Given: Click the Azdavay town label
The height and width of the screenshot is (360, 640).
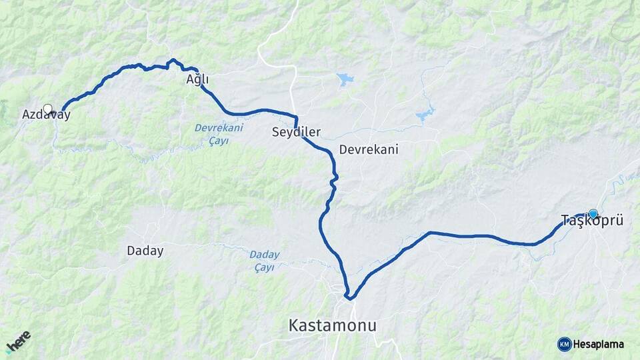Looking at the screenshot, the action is click(46, 115).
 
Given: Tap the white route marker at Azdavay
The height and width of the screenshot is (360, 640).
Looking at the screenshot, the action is click(47, 108).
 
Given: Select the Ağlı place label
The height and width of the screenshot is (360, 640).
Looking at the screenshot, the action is click(197, 79).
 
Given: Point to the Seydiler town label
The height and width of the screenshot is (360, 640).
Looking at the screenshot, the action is click(296, 132).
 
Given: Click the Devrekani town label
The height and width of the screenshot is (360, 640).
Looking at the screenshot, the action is click(368, 149).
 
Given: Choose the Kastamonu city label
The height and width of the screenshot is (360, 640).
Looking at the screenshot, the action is click(332, 325).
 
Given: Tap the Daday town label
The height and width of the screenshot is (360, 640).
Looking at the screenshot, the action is click(145, 251).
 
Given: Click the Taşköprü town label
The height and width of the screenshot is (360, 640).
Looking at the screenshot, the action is click(592, 221).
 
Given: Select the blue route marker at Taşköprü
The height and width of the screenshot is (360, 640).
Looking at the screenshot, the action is click(593, 213).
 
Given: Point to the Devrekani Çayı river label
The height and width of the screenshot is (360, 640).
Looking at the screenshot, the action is click(219, 133).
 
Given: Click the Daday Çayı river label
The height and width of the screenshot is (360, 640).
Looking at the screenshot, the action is click(265, 261).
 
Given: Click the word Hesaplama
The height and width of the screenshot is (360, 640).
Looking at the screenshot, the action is click(599, 344).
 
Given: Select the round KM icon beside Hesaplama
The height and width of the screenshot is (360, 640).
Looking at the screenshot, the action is click(564, 344).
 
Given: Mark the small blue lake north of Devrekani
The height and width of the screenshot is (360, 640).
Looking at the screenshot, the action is click(345, 79).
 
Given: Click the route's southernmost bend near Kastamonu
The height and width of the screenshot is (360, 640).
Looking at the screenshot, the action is click(348, 297).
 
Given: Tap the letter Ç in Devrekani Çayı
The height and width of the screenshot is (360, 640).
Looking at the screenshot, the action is click(211, 141).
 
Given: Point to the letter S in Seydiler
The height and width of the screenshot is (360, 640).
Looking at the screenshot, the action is click(275, 132).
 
